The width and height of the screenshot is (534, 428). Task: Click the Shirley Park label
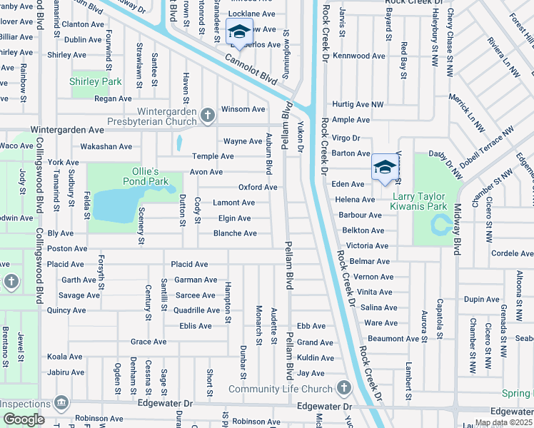coord(96,82)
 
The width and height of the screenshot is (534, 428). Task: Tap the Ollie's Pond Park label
coord(139,176)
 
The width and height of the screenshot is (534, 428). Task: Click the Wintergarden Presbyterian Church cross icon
coord(208,115)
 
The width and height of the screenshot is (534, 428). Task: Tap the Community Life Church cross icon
coord(343,388)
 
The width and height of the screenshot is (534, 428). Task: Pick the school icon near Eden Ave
coord(383,168)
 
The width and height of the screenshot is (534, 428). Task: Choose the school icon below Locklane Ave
coord(238,31)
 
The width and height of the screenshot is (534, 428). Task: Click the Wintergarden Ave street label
coord(66,131)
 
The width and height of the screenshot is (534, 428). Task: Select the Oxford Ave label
coord(258,188)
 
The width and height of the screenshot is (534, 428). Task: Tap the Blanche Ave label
coord(235,233)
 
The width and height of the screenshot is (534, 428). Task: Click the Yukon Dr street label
coord(301,138)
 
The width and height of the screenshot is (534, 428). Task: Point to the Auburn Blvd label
coord(269,153)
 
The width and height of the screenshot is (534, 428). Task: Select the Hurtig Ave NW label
coord(358,104)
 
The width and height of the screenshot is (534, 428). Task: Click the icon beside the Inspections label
coord(61,404)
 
